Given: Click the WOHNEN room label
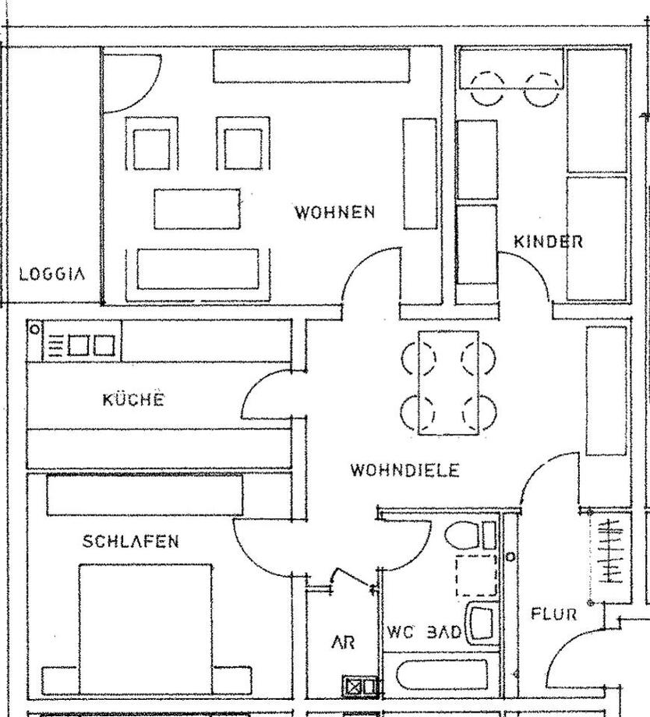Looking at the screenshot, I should point(334,212).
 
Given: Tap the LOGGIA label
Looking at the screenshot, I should point(51,274).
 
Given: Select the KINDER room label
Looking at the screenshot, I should point(548,242).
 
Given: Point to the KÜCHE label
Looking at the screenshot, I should point(133,400).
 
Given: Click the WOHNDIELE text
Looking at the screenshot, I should point(404,470).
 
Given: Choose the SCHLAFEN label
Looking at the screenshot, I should point(131,541).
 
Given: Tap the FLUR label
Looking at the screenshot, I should point(554,614).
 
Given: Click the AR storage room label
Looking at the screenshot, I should point(343,643).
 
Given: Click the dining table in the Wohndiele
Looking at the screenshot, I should point(449,383).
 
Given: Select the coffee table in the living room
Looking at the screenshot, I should point(196,208).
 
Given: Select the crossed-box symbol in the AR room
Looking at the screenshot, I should point(355,687).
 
